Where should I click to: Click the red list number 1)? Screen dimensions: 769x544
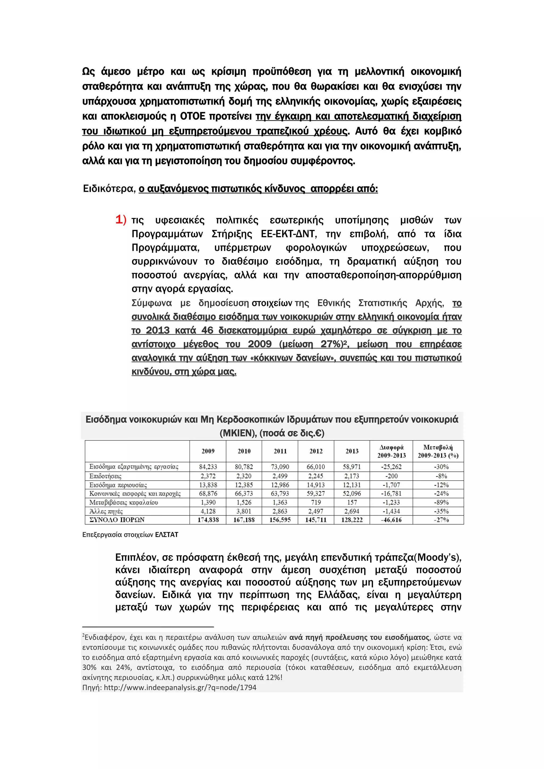(121, 220)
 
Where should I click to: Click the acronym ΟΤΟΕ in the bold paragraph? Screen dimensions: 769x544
(193, 116)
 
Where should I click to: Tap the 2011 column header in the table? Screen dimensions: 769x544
(280, 451)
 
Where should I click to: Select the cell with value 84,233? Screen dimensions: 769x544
(208, 467)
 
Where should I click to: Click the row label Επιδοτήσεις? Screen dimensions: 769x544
(105, 476)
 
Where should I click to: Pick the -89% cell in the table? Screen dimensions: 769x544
(441, 502)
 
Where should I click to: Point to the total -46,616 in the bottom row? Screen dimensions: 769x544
(391, 520)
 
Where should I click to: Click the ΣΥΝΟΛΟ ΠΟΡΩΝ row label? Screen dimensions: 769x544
(117, 520)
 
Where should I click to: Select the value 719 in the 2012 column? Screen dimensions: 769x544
(316, 502)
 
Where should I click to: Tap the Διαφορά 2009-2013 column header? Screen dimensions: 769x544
(391, 451)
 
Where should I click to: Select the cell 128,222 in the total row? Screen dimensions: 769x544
(352, 520)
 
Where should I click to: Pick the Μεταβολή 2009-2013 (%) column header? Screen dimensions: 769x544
(438, 451)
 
